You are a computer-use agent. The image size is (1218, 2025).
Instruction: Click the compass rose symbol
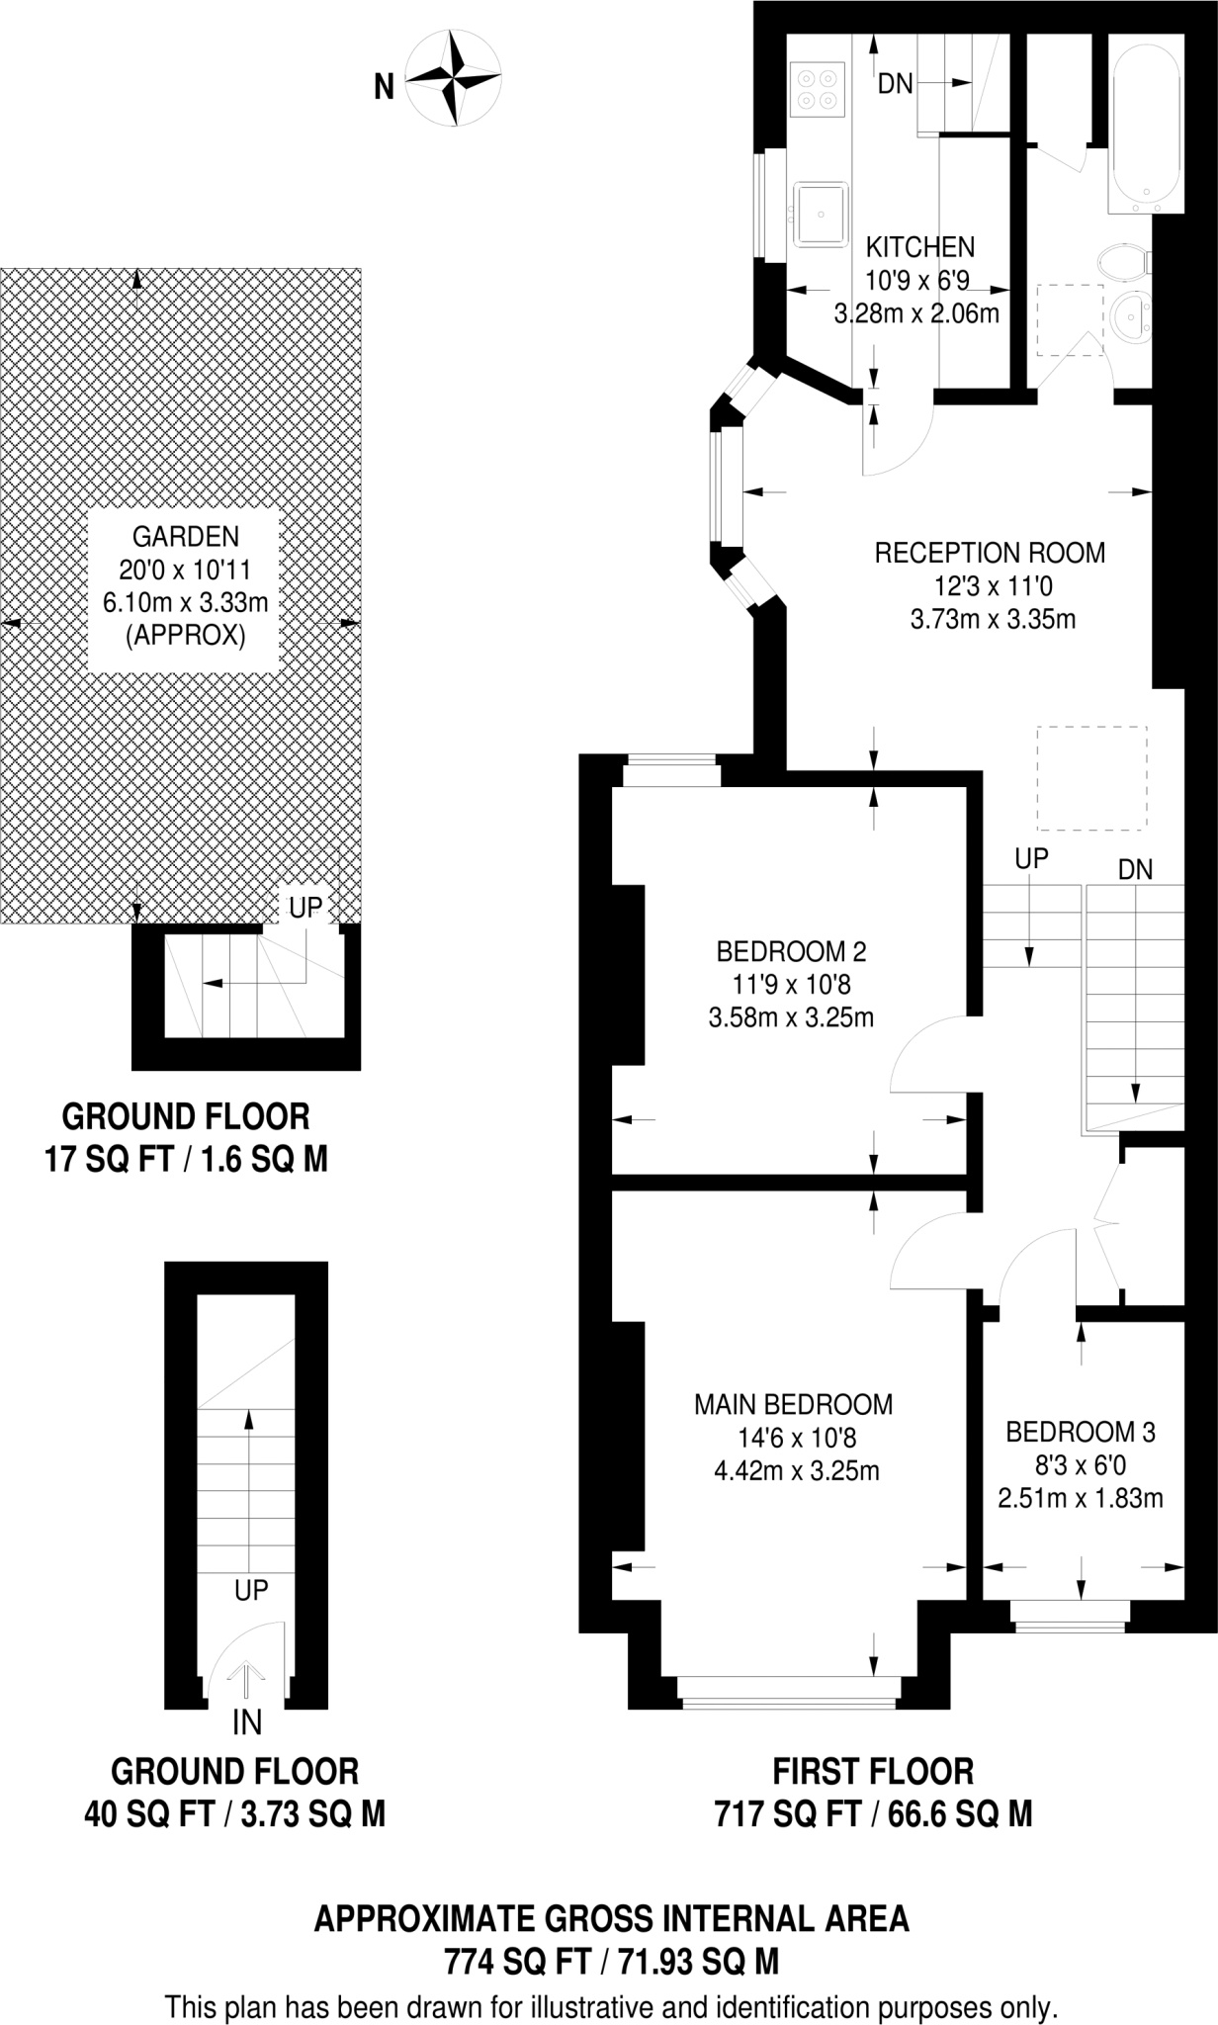click(454, 78)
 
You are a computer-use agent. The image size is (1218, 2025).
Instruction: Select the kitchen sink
click(820, 212)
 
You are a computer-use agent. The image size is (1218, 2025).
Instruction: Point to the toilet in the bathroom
click(1122, 263)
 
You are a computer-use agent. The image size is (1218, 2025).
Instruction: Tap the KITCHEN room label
click(919, 247)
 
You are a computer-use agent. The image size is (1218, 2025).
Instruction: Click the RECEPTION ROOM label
click(990, 553)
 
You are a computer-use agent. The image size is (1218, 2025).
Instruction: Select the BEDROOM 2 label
click(791, 951)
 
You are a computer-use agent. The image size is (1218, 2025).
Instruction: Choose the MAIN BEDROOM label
click(793, 1404)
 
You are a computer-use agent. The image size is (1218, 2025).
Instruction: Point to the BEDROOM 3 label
click(1081, 1431)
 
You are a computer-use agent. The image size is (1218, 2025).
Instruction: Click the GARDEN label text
click(186, 537)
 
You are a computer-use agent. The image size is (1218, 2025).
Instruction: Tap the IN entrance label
click(246, 1723)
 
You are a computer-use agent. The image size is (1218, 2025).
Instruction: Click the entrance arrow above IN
click(246, 1678)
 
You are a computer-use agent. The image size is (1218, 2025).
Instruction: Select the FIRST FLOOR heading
click(873, 1770)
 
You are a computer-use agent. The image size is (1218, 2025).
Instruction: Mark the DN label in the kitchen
click(896, 84)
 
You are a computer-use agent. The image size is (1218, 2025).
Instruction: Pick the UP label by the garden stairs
click(305, 907)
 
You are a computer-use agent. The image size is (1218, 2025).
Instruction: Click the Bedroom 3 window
click(1069, 1614)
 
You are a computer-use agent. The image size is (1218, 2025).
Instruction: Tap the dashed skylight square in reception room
click(1091, 778)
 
